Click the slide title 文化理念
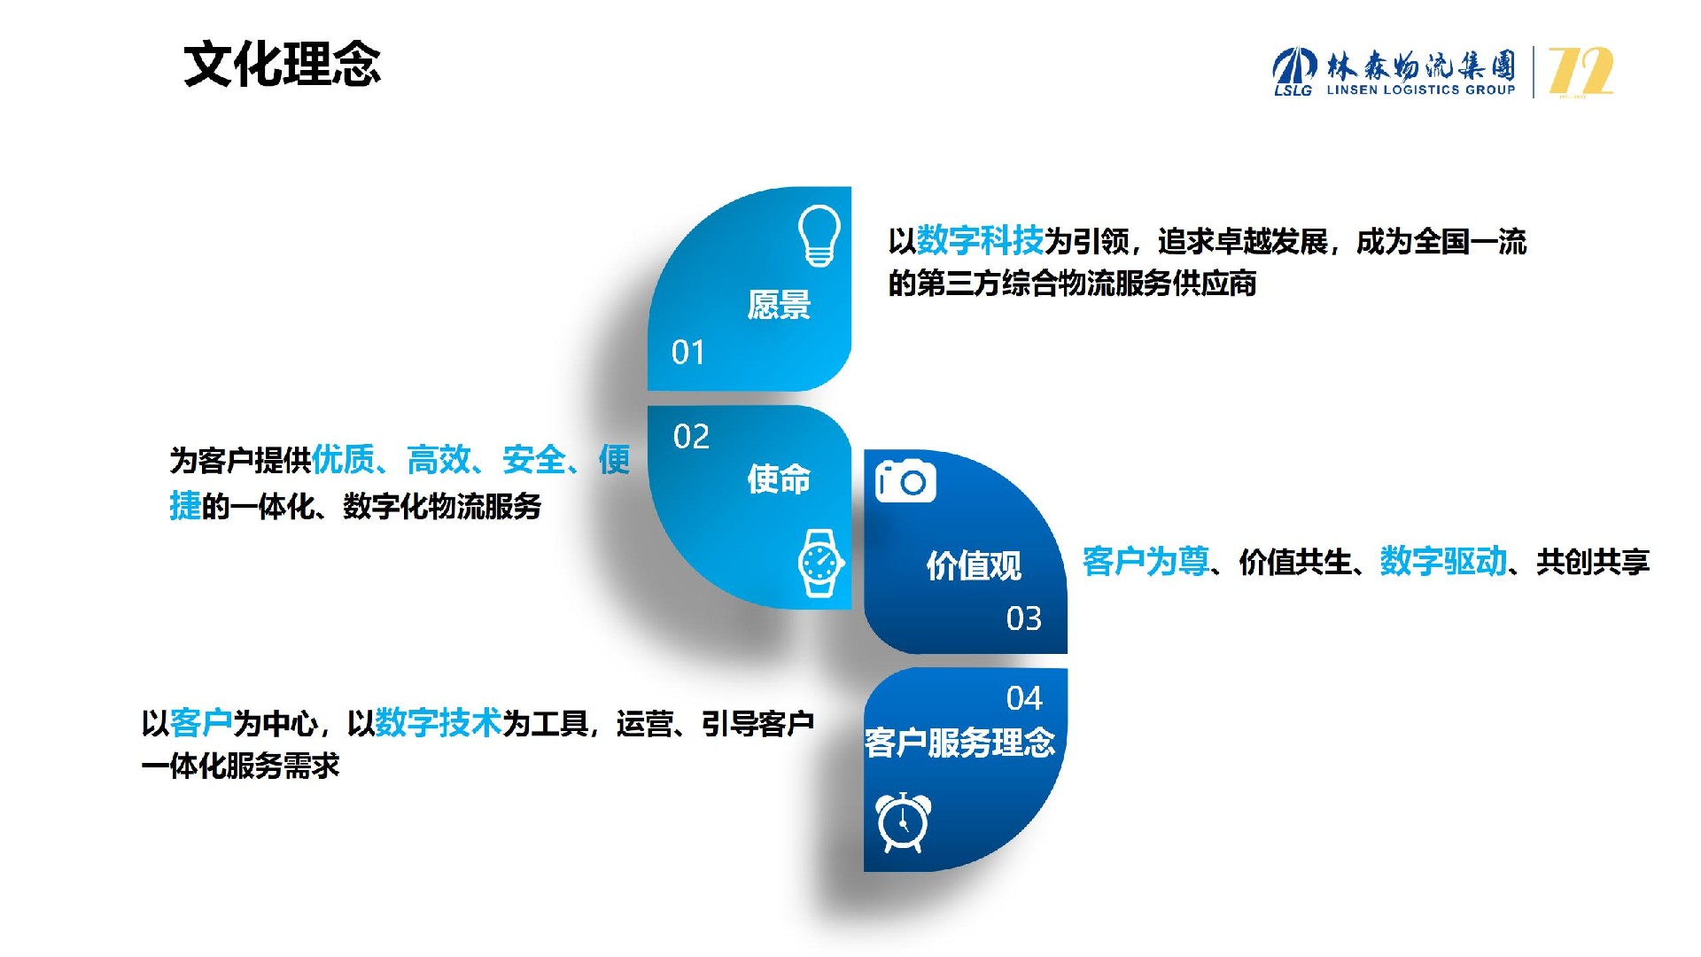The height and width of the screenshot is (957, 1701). point(282,65)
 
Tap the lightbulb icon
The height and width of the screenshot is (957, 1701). point(819,236)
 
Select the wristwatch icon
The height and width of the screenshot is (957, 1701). point(820,563)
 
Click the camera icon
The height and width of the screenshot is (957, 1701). point(905,481)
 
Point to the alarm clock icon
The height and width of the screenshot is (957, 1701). point(903,822)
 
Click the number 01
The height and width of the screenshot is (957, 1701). point(688,353)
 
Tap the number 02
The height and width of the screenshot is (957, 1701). point(691,437)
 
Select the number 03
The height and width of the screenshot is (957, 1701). point(1024,619)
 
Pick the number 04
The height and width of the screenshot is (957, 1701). point(1024,699)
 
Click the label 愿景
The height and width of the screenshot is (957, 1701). point(779,305)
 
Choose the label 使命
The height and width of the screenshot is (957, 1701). point(779,479)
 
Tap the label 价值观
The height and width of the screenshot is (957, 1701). point(974,565)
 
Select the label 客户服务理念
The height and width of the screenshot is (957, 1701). point(960,743)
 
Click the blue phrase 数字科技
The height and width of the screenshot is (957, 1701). point(980,240)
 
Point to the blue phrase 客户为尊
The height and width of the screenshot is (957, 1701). point(1146,561)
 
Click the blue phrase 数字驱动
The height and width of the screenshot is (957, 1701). point(1443,561)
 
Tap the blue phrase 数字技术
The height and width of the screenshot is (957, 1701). point(439,723)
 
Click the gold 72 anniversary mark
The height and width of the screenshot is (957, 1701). point(1581,71)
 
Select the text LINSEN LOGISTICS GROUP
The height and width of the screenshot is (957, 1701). point(1420,89)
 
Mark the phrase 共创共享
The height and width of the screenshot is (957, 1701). point(1593,562)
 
